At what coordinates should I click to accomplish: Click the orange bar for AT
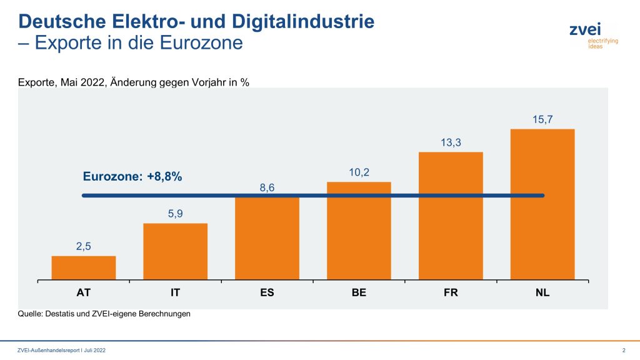84,267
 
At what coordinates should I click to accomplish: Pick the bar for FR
451,216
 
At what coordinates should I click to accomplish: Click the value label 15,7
542,119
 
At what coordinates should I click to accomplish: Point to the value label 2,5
84,246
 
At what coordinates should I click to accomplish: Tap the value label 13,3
451,142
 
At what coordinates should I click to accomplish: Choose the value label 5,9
175,214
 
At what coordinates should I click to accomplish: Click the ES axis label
267,292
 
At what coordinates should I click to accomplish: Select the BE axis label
359,292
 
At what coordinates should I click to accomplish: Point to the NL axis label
542,292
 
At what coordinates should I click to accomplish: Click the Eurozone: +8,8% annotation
132,177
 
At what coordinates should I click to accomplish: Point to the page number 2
624,349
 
